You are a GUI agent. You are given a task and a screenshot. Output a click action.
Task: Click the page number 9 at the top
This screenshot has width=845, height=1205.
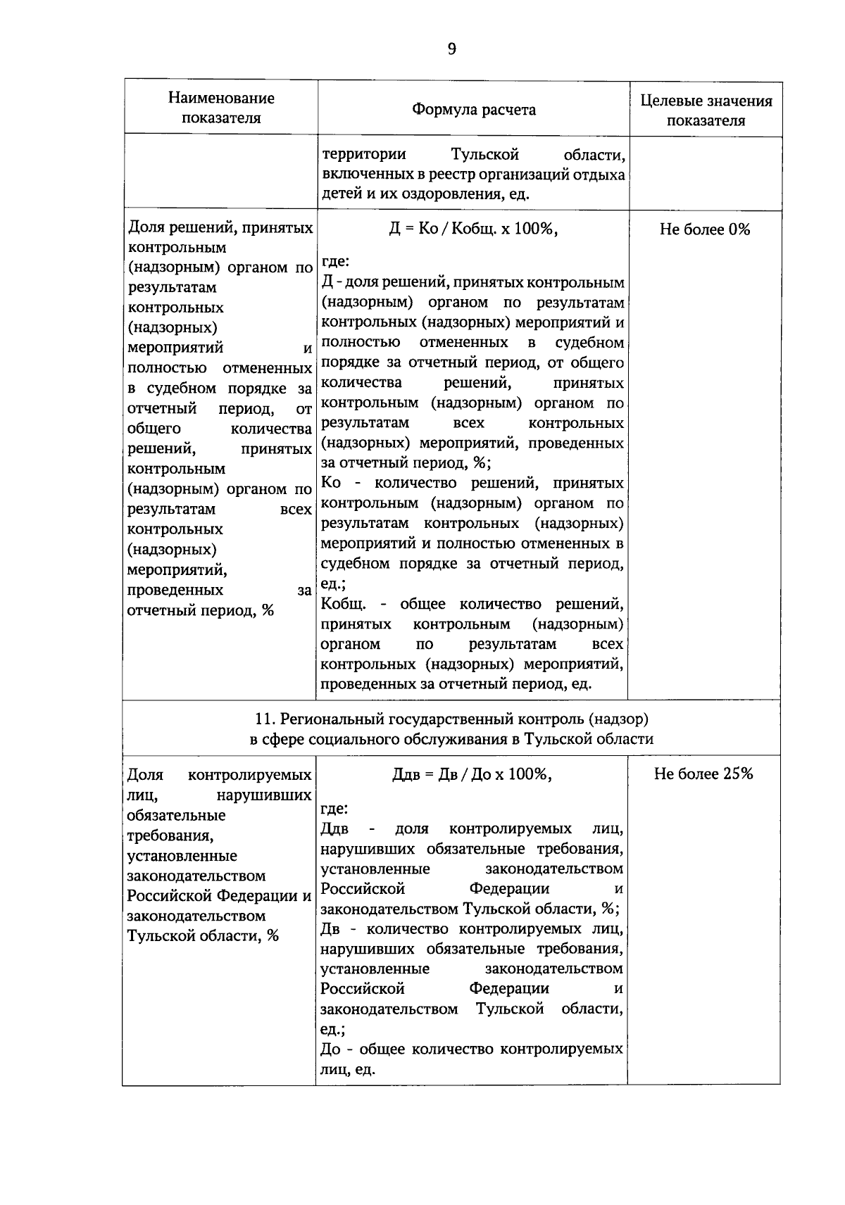pyautogui.click(x=451, y=49)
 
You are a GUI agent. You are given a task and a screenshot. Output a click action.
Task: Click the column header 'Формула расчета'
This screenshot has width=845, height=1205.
pyautogui.click(x=473, y=110)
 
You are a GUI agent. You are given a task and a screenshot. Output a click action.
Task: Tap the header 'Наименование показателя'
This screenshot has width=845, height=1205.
pyautogui.click(x=221, y=108)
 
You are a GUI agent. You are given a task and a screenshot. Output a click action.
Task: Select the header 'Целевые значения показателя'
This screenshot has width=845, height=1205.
pyautogui.click(x=706, y=111)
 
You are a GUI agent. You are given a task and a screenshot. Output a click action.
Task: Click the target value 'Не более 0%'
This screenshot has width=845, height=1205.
pyautogui.click(x=704, y=229)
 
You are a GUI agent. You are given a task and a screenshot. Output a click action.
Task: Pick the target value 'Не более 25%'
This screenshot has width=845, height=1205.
pyautogui.click(x=703, y=774)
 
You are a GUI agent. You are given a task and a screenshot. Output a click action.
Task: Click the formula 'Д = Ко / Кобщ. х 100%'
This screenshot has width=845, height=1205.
pyautogui.click(x=473, y=229)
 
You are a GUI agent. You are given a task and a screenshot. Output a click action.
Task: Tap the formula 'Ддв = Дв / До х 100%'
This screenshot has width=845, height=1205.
pyautogui.click(x=472, y=774)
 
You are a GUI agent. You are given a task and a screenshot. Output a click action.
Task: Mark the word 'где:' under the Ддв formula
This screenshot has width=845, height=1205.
pyautogui.click(x=334, y=809)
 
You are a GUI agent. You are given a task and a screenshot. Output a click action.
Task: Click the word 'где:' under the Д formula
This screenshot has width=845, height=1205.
pyautogui.click(x=335, y=262)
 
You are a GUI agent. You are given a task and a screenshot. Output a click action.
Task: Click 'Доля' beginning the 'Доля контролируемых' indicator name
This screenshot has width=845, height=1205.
pyautogui.click(x=145, y=776)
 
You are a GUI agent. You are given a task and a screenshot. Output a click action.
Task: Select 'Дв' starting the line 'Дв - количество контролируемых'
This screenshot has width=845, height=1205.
pyautogui.click(x=330, y=929)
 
